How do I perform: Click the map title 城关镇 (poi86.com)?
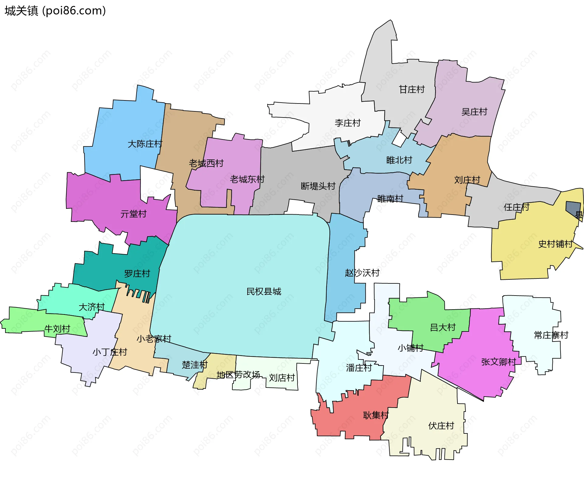tap(55, 11)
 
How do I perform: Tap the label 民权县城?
tap(264, 291)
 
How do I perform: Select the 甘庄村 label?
tap(412, 89)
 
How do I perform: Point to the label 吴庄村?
tap(474, 112)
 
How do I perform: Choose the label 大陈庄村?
tap(145, 144)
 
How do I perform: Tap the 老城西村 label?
tap(206, 163)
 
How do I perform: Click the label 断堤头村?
tap(318, 186)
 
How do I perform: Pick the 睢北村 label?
tap(399, 160)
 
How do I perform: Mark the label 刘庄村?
tap(467, 180)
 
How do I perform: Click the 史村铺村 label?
tap(555, 244)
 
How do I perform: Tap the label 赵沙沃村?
tap(362, 272)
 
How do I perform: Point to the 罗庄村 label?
tap(137, 273)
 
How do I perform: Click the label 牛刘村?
tap(57, 328)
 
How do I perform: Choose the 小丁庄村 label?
tap(109, 352)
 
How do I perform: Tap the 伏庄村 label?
tap(441, 426)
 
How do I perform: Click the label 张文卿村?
tap(499, 362)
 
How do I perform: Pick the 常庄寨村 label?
tap(551, 335)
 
